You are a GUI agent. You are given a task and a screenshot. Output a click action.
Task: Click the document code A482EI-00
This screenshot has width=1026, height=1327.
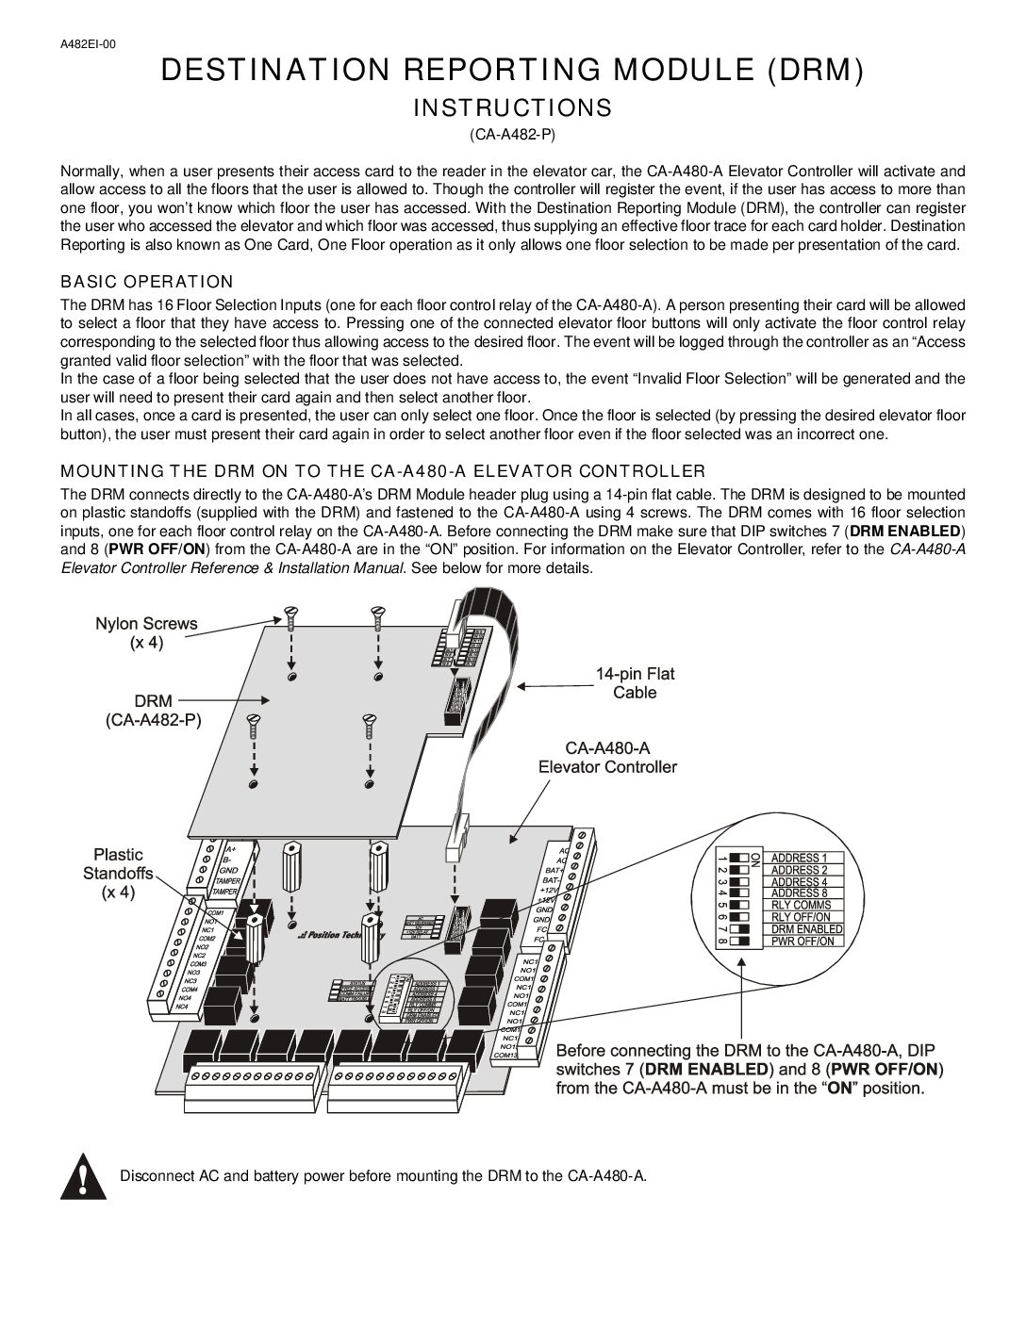tap(89, 43)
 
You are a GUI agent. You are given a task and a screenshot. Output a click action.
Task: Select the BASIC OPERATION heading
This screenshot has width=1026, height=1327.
tap(146, 282)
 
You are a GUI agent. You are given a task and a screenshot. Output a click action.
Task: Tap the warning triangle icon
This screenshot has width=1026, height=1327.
tap(83, 1177)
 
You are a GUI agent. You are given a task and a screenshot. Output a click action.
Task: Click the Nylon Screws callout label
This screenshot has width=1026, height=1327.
tap(146, 632)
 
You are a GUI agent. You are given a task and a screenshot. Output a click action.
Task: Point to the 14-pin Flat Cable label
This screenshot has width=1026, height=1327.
tap(635, 683)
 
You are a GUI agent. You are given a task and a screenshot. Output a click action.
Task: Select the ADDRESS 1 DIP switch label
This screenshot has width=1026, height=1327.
tap(799, 859)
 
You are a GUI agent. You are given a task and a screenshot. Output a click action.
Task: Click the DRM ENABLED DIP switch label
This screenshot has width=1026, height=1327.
tap(805, 928)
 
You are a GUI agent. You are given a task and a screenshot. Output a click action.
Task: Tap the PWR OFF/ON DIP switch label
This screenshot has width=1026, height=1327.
tap(803, 941)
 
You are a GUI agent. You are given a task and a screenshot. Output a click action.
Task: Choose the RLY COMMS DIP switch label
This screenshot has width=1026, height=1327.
tap(801, 905)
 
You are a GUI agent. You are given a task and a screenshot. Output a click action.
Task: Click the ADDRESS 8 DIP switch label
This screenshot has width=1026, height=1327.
tap(799, 893)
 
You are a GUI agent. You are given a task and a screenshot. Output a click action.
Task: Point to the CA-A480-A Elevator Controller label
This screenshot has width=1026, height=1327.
tap(607, 757)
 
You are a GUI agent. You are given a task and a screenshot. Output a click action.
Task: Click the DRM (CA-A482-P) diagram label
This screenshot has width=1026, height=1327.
tap(153, 711)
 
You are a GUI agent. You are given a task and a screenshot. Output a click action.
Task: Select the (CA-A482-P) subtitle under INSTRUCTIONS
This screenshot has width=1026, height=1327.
tap(512, 135)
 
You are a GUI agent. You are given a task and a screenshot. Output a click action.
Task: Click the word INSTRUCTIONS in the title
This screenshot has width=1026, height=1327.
tap(512, 108)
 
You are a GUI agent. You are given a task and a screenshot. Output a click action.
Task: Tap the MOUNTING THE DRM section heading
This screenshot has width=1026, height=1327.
tap(383, 470)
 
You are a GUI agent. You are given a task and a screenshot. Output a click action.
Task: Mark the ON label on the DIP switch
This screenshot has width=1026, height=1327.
tap(753, 859)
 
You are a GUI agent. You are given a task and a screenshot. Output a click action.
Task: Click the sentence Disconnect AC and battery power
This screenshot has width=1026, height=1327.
tap(383, 1176)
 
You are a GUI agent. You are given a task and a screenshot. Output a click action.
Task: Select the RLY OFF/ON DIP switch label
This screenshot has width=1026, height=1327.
tap(801, 917)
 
